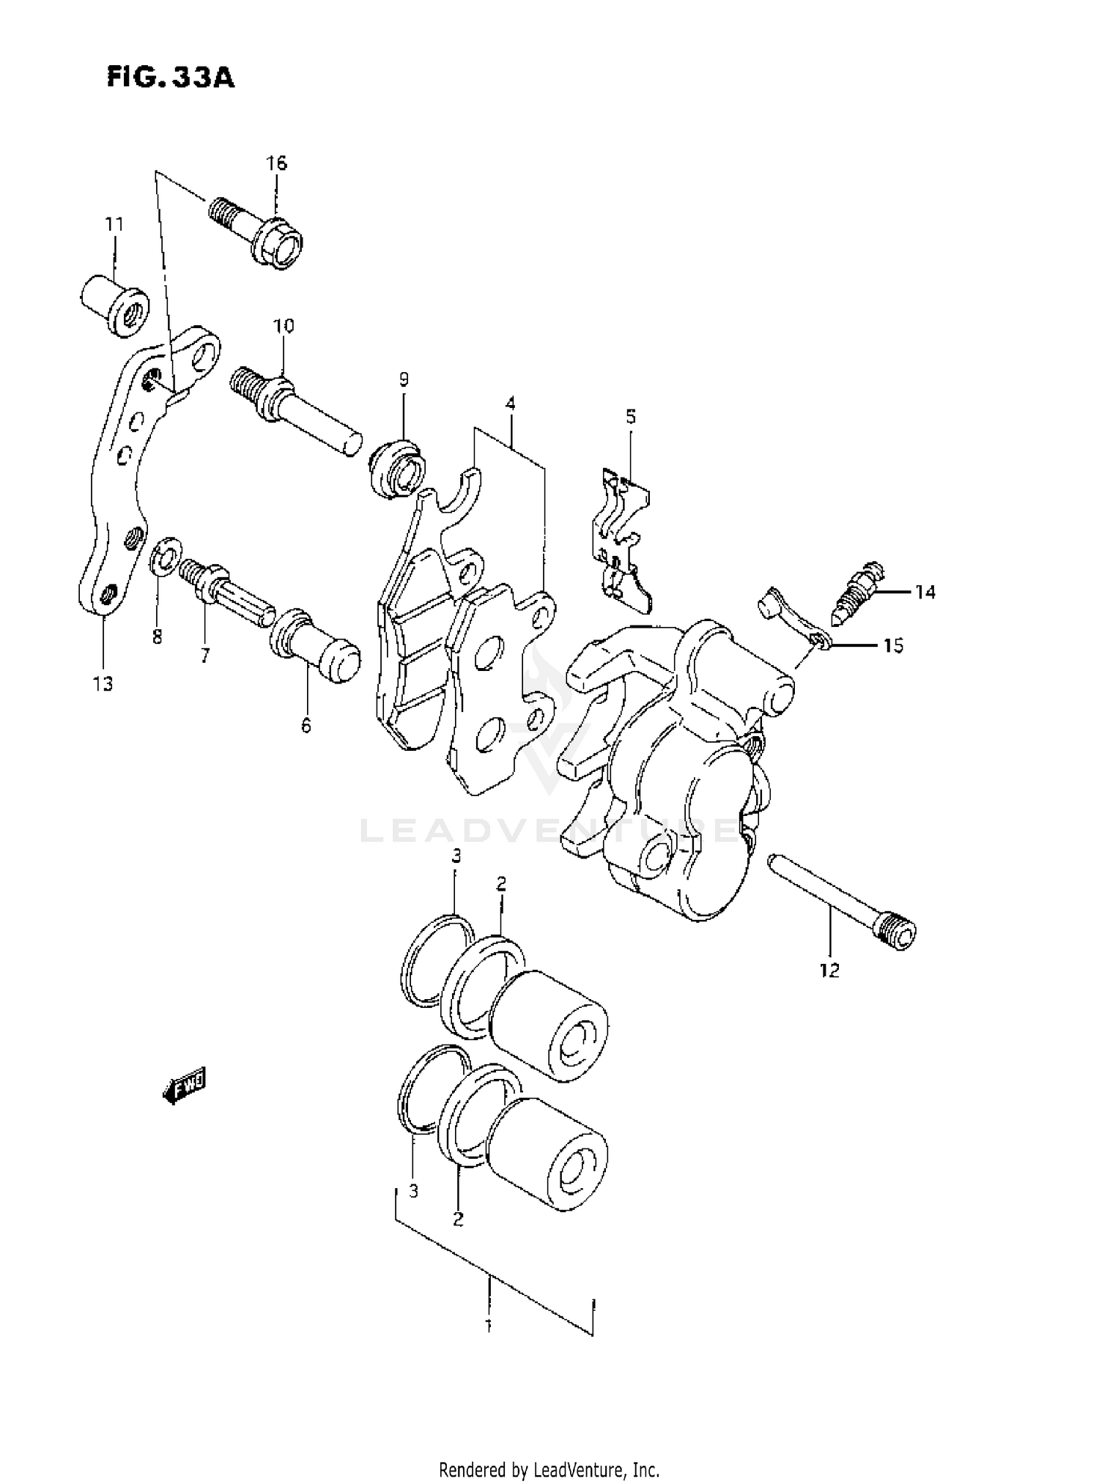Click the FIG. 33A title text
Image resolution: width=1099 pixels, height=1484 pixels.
(170, 77)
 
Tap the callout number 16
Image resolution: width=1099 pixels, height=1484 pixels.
(276, 163)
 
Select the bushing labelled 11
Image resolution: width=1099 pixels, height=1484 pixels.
(114, 305)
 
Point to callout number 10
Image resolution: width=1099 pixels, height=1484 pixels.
(284, 325)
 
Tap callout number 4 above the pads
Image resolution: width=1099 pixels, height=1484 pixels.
(510, 403)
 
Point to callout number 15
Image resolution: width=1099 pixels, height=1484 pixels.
(892, 645)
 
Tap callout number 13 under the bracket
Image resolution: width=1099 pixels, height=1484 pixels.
(103, 684)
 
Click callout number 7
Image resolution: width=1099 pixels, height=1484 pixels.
(204, 656)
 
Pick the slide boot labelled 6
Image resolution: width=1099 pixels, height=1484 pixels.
(315, 645)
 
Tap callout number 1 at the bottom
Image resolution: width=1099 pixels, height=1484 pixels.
(489, 1325)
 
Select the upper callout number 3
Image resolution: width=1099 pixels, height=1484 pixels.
(456, 856)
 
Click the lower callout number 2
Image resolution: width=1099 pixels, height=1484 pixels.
(458, 1219)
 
